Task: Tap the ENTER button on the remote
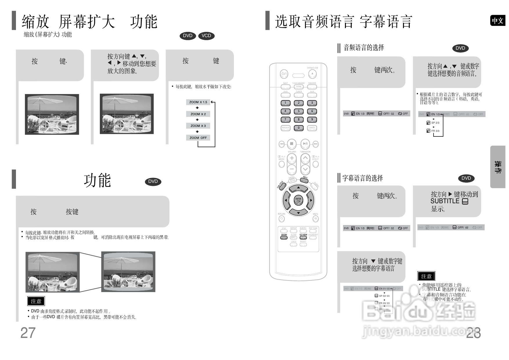coord(298,200)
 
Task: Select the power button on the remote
coord(284,74)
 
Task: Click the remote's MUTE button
coord(315,219)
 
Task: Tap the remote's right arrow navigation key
coord(311,200)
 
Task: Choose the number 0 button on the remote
coord(299,128)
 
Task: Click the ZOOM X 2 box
coord(198,114)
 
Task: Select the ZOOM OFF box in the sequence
coord(198,138)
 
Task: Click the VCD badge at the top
coord(206,36)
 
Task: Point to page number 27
coord(28,333)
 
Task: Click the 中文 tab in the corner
coord(498,21)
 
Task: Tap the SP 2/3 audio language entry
coord(435,123)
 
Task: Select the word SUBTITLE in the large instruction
coord(445,201)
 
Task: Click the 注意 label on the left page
coord(36,301)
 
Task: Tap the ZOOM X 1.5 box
coord(198,102)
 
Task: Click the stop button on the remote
coord(292,143)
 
